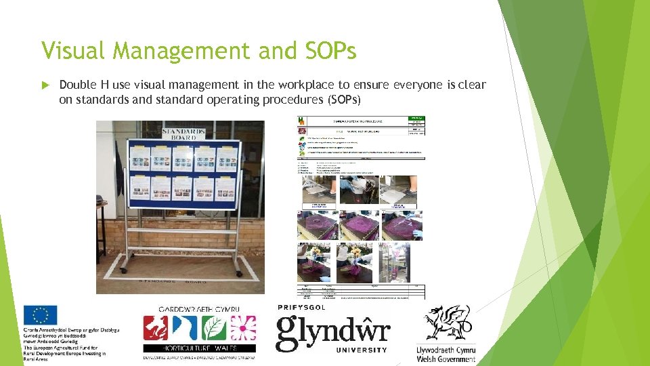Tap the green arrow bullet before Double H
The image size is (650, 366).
pos(46,85)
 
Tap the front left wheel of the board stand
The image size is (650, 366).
pos(123,270)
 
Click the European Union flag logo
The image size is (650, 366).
pos(40,315)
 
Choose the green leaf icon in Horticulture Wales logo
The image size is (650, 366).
pos(215,328)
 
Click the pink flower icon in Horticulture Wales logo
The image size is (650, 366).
pos(242,328)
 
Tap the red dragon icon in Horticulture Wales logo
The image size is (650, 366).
pos(156,329)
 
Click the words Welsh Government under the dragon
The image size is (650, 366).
pos(446,359)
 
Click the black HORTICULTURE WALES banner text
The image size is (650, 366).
pos(199,347)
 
